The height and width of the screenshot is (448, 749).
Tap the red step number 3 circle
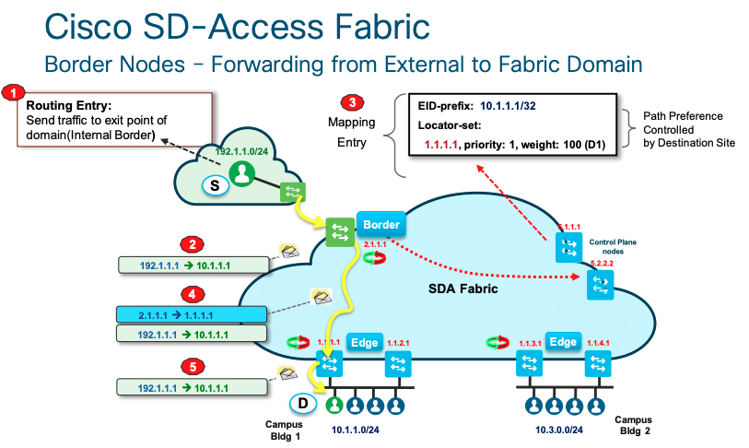coord(349,101)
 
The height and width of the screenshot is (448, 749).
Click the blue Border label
coord(380,225)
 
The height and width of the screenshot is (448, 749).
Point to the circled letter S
coord(215,185)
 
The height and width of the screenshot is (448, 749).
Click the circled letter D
coord(300,402)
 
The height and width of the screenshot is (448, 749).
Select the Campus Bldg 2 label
coord(634,425)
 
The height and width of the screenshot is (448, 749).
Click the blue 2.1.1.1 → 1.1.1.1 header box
coord(192,314)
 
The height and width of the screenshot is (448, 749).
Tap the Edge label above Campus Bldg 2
coord(562,341)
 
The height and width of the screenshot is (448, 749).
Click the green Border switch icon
coord(339,230)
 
